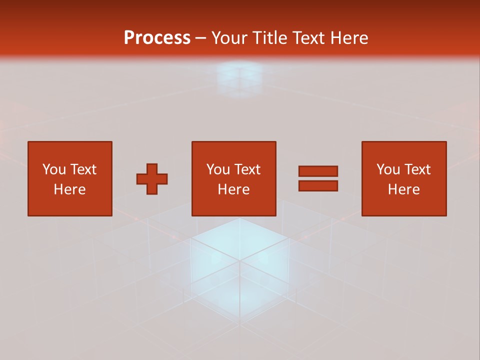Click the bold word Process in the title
[157, 38]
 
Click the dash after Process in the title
[201, 38]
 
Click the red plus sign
[152, 178]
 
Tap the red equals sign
[318, 178]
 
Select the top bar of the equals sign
[318, 171]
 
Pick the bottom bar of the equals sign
[318, 185]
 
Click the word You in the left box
[54, 169]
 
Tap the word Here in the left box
[69, 189]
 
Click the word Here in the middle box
[233, 189]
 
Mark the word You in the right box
[388, 169]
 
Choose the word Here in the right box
[403, 189]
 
